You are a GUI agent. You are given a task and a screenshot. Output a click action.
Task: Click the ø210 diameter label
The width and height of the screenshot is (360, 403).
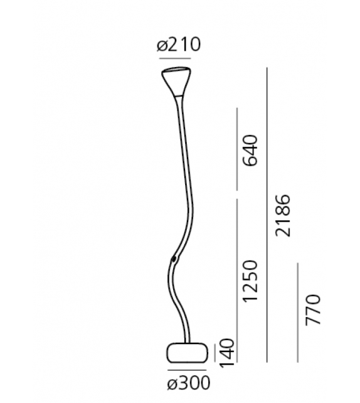179,45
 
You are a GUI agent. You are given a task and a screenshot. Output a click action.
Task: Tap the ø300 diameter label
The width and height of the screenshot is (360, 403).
188,382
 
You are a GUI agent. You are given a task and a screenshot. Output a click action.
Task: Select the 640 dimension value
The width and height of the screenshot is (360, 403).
251,150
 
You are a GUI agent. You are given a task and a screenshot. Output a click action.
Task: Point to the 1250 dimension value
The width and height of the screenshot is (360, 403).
251,280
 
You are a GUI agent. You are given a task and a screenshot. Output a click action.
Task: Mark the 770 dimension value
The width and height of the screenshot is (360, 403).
313,309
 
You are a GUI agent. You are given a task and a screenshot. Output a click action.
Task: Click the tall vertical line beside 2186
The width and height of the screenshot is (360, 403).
268,213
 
